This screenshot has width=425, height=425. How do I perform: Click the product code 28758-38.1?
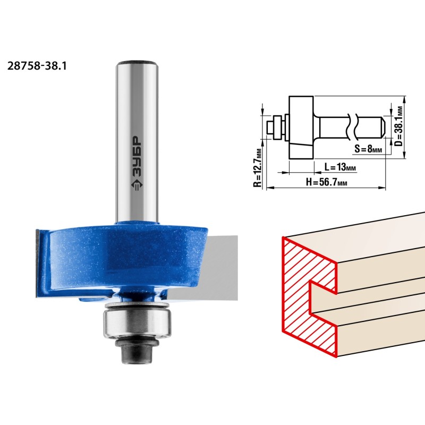coord(37,66)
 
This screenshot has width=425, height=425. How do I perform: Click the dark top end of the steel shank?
coord(137,62)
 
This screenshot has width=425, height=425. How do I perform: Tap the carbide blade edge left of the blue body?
coord(38,263)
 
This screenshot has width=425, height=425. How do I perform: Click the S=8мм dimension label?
coord(368,149)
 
